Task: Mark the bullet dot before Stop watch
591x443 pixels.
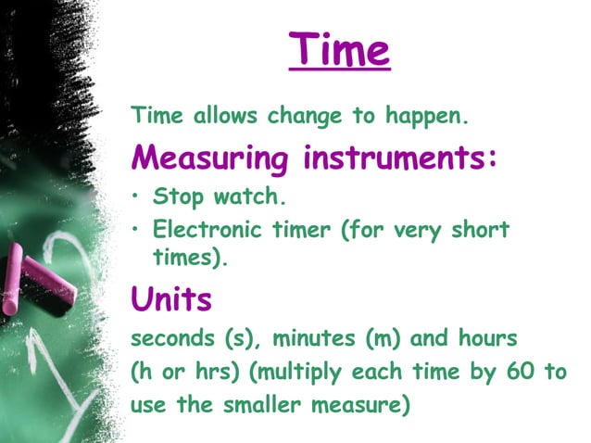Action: pos(137,197)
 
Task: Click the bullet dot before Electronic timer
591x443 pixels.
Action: pos(137,229)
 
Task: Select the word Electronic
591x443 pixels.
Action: pos(204,228)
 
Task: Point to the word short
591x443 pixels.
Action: pos(481,228)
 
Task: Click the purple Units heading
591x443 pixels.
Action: pos(171,298)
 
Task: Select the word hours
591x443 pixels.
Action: pos(472,338)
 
